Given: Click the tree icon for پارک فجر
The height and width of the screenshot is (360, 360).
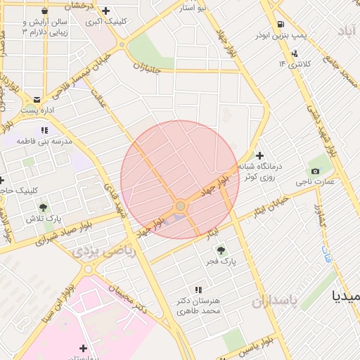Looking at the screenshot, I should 221,249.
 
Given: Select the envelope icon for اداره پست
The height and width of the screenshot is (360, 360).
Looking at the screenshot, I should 37,100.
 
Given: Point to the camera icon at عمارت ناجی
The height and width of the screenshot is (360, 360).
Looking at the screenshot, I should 314,171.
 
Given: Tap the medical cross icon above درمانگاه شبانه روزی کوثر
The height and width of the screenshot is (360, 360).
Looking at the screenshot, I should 259,155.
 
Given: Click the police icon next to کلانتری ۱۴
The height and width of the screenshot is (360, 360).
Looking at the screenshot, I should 294,53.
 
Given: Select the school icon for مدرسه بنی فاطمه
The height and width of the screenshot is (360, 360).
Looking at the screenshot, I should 44,130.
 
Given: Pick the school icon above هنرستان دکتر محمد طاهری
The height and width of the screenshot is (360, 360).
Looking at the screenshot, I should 198,289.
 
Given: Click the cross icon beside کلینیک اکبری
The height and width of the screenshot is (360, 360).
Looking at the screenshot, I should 105,11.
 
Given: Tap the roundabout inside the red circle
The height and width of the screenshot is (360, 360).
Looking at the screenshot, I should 181,205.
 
